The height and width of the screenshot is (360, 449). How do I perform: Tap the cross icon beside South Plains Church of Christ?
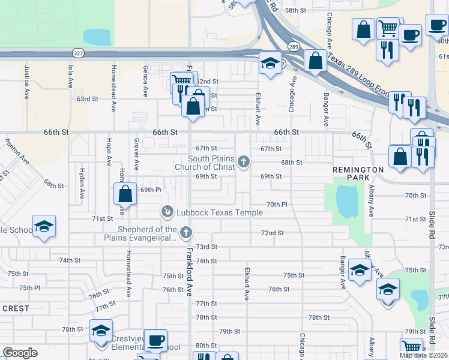tap(244, 161)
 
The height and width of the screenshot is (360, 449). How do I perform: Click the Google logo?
tap(20, 353)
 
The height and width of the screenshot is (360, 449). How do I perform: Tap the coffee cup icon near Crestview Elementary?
tap(155, 341)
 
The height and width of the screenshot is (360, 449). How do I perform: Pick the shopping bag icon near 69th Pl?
tap(125, 194)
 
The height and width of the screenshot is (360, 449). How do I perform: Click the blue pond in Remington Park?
tap(347, 202)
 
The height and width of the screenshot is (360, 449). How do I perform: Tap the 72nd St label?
tap(272, 233)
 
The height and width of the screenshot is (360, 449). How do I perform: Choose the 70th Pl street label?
tap(277, 205)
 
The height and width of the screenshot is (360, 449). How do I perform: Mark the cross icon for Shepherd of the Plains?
tap(186, 232)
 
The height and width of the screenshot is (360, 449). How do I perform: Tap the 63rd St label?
tap(86, 98)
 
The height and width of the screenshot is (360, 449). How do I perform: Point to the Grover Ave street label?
tap(136, 154)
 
